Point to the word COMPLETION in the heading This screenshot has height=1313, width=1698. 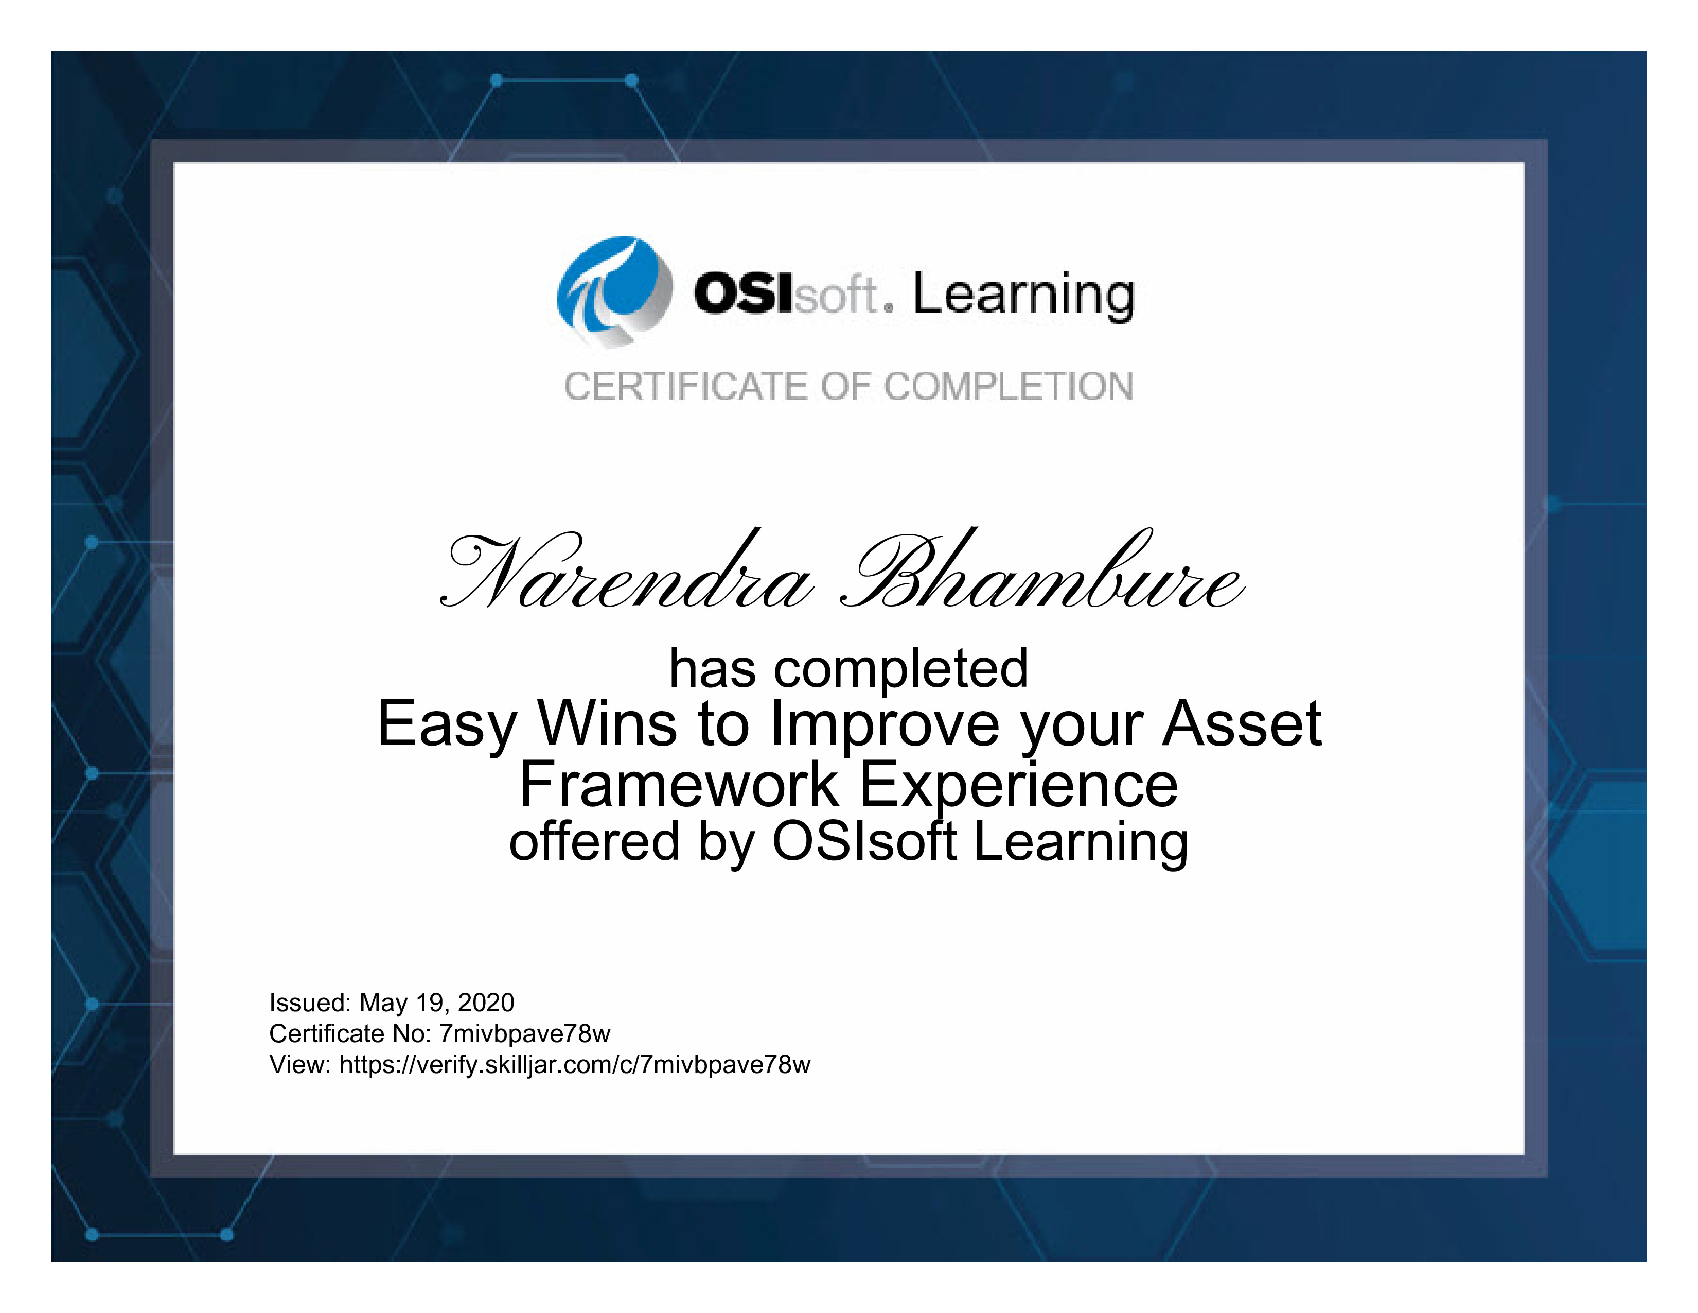(1009, 387)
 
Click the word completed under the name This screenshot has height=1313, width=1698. (901, 669)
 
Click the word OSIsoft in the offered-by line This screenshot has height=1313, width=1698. (864, 842)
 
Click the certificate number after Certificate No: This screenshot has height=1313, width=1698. (525, 1034)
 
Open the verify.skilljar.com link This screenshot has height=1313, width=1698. (575, 1065)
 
